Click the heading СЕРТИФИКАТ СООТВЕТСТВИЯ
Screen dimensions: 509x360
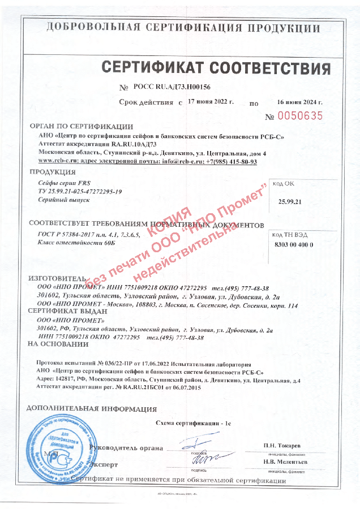216,68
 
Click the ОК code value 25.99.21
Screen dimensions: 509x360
291,201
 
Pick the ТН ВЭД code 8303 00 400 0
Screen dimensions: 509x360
293,244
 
